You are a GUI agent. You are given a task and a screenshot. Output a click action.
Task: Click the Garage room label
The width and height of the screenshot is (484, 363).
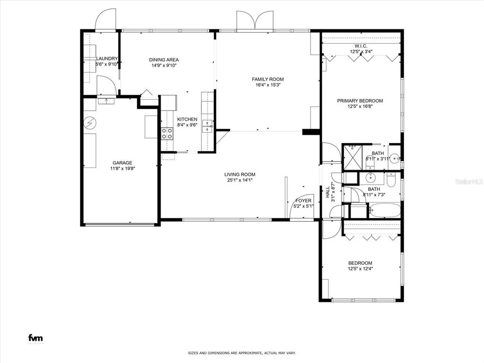coord(122,163)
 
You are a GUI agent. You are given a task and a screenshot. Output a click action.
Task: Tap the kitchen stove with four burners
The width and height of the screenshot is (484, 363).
coord(167,134)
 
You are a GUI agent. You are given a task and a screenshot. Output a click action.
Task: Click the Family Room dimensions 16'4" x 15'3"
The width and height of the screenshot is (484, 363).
coord(268,85)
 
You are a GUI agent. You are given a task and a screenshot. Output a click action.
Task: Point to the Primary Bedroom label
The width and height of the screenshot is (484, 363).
coord(360,101)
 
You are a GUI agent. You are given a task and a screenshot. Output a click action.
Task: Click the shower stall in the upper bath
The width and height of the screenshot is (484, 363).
coord(353,157)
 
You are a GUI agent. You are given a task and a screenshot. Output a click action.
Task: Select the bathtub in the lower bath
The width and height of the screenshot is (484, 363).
coord(385,210)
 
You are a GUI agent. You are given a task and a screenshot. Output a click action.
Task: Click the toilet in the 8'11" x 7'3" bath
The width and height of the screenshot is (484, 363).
coord(391,180)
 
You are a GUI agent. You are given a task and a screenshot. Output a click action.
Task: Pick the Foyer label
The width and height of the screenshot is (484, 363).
coord(303,200)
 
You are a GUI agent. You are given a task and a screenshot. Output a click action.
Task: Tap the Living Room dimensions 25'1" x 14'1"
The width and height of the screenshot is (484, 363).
coord(240,180)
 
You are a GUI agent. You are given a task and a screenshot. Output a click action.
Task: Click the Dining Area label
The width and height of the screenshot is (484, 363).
coord(164,60)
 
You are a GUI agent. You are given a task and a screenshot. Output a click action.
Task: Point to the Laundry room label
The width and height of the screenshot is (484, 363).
coord(107,59)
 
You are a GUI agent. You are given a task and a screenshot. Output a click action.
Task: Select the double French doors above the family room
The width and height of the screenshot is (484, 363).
coord(255,21)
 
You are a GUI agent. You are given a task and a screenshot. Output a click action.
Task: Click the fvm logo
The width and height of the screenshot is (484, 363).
coord(35,338)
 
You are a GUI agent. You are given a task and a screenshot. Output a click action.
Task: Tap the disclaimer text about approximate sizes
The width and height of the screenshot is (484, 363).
coord(242,353)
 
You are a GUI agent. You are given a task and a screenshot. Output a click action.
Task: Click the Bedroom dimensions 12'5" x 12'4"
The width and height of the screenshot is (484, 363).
coord(360,268)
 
